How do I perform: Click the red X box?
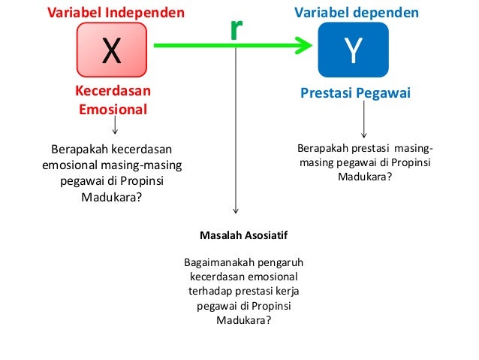[x=112, y=49]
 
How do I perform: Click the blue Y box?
[x=353, y=49]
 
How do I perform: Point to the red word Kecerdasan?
[x=112, y=91]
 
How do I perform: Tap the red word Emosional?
[x=112, y=109]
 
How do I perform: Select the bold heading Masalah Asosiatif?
[x=243, y=234]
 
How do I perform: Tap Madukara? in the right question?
[x=365, y=177]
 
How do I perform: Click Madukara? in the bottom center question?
[x=243, y=319]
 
